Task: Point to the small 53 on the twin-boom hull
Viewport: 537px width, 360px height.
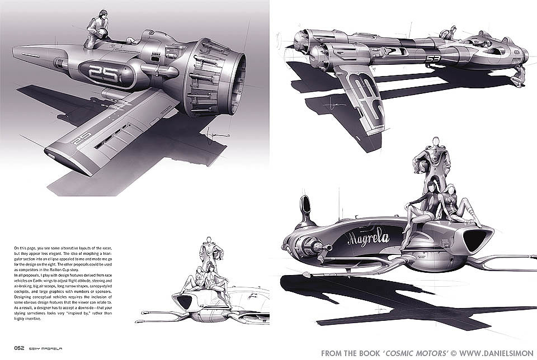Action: tap(433, 58)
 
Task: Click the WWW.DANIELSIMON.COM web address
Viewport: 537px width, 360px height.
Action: tap(487, 353)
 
